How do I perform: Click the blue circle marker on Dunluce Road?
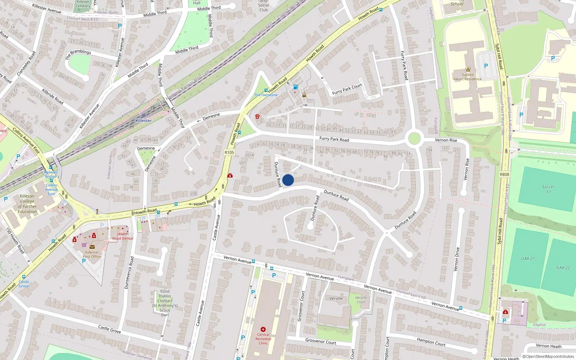click(288, 180)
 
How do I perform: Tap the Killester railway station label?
click(143, 121)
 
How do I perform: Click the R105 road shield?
click(229, 152)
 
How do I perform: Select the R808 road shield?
click(504, 174)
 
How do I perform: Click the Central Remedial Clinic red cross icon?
click(263, 329)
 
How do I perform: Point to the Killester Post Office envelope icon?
click(92, 247)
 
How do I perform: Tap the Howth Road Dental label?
click(122, 236)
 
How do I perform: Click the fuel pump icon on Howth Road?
click(296, 87)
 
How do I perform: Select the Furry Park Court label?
click(347, 89)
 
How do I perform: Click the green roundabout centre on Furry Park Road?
click(414, 138)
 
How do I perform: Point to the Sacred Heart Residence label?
click(468, 77)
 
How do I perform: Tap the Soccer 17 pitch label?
click(548, 189)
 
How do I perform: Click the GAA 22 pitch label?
click(563, 267)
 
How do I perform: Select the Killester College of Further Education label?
click(27, 204)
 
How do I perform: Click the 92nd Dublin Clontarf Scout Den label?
click(165, 303)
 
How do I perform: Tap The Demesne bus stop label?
click(266, 95)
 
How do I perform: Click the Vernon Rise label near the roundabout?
click(446, 140)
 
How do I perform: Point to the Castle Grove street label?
click(109, 328)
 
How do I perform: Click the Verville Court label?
click(361, 300)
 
